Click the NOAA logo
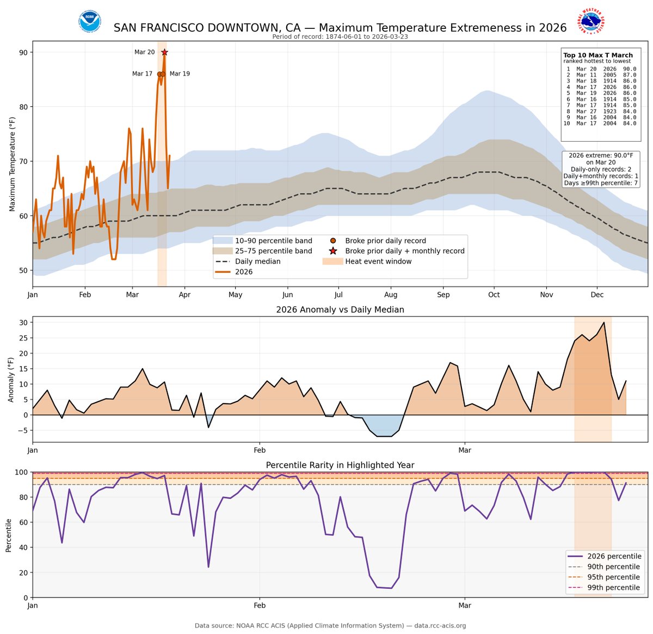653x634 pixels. click(89, 22)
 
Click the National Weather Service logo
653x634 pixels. click(592, 22)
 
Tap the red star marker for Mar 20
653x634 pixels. click(164, 52)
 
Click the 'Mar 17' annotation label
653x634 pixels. click(142, 74)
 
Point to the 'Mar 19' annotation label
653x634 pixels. click(180, 74)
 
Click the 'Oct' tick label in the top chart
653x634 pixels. click(494, 295)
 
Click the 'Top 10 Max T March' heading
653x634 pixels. click(597, 55)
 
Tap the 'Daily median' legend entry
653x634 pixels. click(257, 261)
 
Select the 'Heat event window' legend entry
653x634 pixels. click(378, 261)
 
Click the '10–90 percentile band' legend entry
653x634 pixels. click(273, 241)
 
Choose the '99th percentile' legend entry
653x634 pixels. click(613, 588)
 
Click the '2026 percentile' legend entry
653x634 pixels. click(613, 556)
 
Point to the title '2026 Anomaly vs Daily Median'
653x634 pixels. click(340, 309)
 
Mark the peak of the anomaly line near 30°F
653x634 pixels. click(603, 322)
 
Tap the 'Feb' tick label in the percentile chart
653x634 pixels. click(260, 606)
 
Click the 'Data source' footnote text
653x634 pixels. click(330, 626)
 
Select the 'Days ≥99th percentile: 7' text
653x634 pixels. click(601, 183)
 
